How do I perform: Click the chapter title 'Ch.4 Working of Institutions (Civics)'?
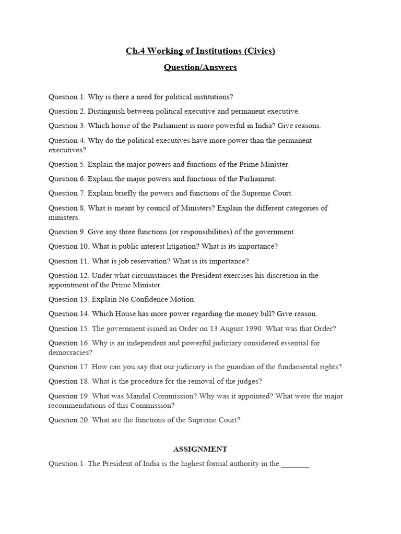click(200, 51)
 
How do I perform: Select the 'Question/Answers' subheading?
click(200, 67)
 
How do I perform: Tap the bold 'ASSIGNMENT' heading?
click(200, 449)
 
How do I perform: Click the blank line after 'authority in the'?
click(296, 464)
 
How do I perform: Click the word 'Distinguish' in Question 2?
click(107, 111)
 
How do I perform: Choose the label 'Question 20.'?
click(69, 420)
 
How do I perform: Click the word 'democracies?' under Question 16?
click(70, 353)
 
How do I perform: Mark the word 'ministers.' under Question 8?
click(64, 217)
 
